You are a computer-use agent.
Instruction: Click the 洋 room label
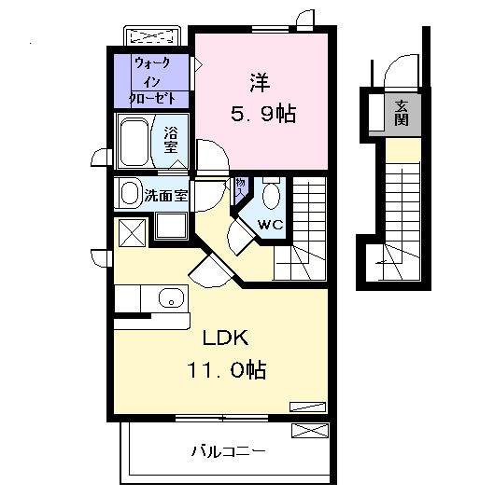(x=261, y=81)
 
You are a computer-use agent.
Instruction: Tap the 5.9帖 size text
(x=263, y=114)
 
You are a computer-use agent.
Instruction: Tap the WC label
(x=270, y=224)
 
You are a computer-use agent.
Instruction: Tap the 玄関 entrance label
(x=402, y=113)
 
